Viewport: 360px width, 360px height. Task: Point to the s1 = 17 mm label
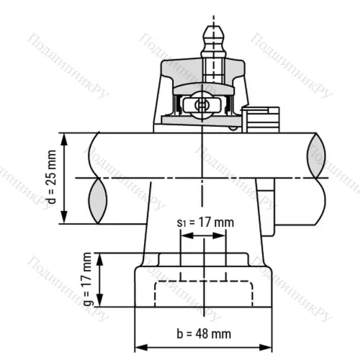pos(205,222)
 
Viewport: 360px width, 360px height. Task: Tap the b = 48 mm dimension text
pos(204,333)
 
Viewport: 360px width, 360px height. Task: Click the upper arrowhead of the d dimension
pos(66,137)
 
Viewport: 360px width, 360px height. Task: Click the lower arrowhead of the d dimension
pos(66,220)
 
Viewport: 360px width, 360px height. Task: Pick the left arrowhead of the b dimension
pos(139,344)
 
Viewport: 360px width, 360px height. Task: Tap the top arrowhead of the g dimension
pos(102,257)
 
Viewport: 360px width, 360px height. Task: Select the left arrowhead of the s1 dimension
pos(184,234)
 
